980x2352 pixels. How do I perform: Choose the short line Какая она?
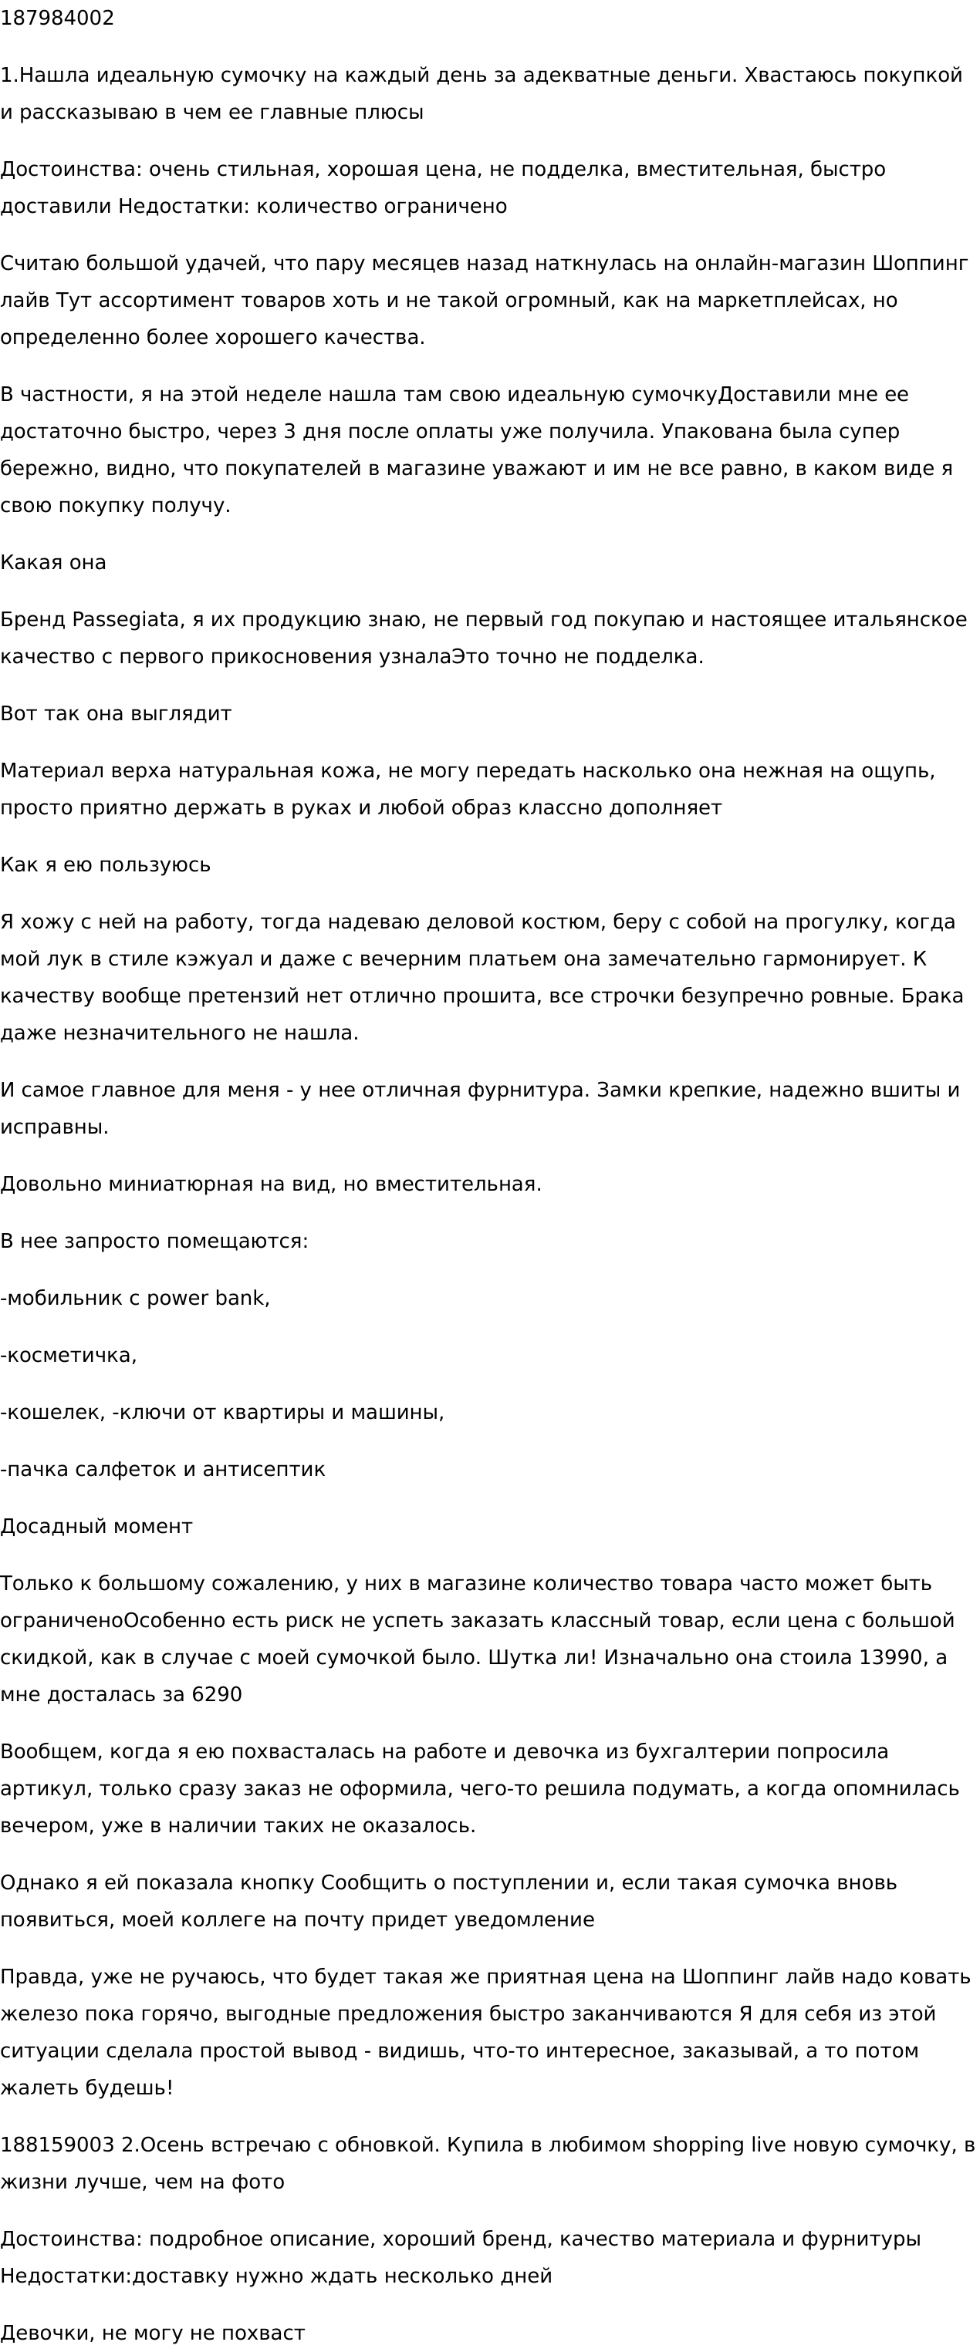(x=53, y=562)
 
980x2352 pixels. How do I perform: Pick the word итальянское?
(x=900, y=619)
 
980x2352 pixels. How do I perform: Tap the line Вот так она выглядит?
(x=116, y=713)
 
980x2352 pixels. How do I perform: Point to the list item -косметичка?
(x=69, y=1355)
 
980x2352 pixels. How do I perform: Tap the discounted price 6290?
(x=217, y=1695)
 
